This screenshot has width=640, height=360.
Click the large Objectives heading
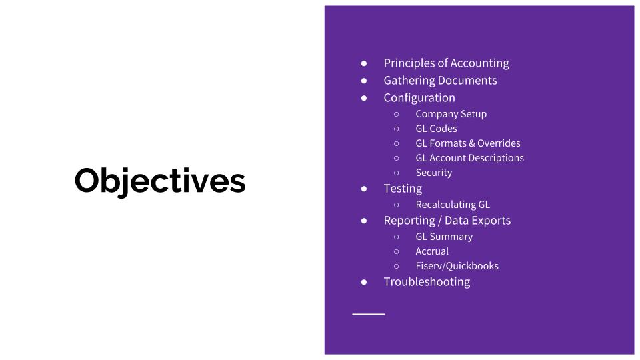pos(160,181)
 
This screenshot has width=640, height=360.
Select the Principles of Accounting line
pos(446,63)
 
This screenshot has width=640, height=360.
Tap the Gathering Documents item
pos(440,81)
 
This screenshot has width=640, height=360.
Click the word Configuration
pos(419,98)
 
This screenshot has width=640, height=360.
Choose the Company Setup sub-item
pos(451,114)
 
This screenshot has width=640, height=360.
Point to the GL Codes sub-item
pos(436,129)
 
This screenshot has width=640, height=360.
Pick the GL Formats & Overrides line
pos(467,143)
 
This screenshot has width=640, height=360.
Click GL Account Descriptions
pos(469,158)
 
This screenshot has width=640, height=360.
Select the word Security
pos(433,173)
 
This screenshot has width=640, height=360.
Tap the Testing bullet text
pos(403,189)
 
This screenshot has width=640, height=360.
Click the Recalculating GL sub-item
pos(452,205)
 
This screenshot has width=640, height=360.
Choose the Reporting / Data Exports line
pos(447,221)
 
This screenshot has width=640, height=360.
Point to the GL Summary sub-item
pos(444,237)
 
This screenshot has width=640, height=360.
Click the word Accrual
pos(432,251)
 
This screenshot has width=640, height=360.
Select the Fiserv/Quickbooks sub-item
pos(457,266)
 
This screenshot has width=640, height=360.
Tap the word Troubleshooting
pos(427,282)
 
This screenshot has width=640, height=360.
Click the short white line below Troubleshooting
pos(369,313)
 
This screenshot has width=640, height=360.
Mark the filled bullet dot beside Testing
pos(364,189)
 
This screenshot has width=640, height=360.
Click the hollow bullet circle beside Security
pos(396,173)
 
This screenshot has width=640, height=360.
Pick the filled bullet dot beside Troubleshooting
pos(364,282)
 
